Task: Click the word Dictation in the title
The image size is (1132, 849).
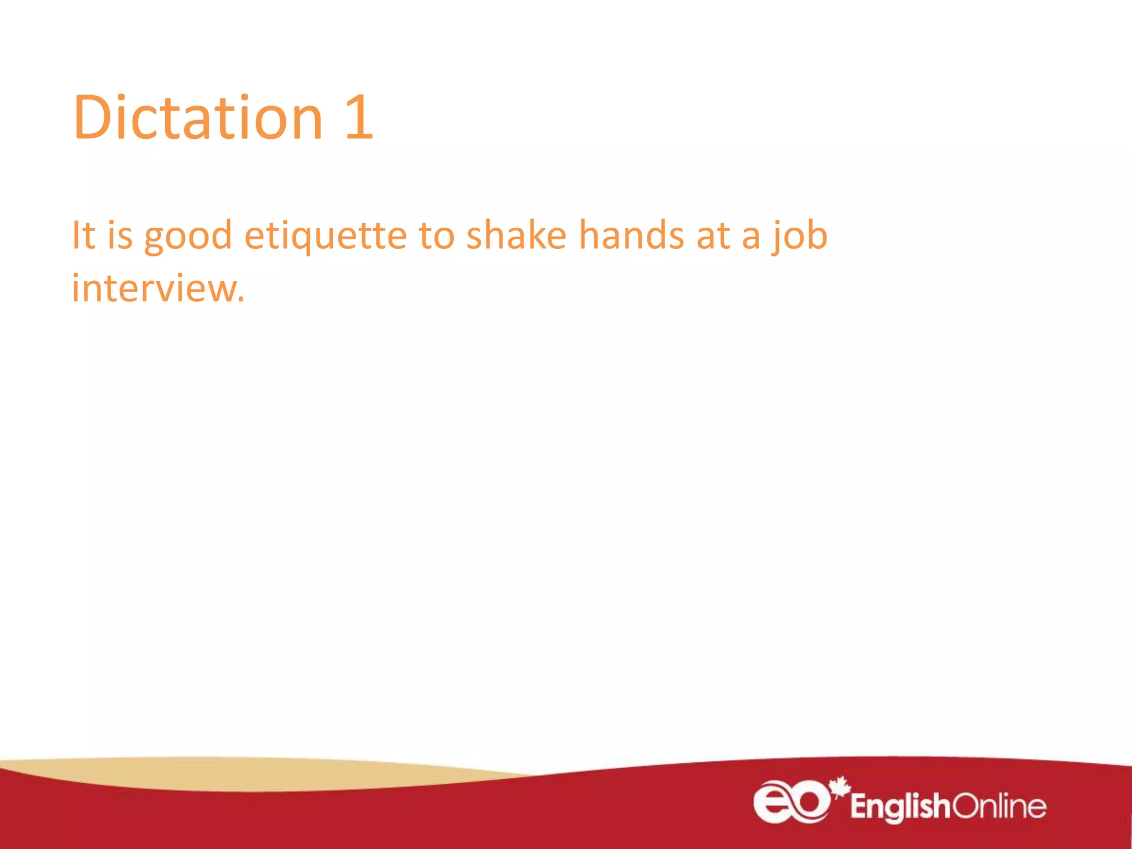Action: [198, 117]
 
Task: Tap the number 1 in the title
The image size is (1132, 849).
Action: [359, 117]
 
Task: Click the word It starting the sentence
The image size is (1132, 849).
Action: [84, 235]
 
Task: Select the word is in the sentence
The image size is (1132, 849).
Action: [120, 235]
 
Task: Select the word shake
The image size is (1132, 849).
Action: [516, 235]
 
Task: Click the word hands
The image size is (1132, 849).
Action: [631, 235]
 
